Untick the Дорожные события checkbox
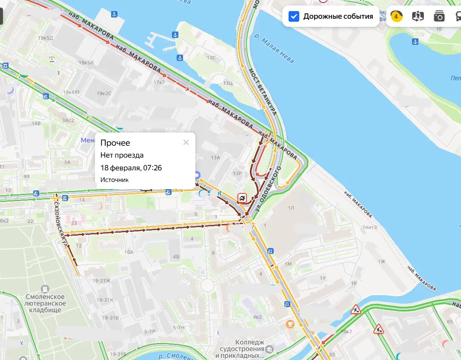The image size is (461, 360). [294, 17]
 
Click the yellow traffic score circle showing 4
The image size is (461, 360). [396, 17]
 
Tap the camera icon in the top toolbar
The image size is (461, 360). [439, 17]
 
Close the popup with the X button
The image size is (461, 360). [186, 142]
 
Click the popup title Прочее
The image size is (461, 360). [115, 143]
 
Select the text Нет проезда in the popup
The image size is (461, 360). [122, 156]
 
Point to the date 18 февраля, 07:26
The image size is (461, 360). [131, 168]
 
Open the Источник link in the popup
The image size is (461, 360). [114, 180]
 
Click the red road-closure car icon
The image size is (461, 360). [242, 198]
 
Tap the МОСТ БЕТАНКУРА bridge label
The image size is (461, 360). [263, 92]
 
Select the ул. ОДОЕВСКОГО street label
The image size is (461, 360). [269, 190]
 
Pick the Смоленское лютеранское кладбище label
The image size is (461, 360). [45, 303]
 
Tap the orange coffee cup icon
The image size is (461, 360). [290, 324]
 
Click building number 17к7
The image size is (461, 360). [159, 82]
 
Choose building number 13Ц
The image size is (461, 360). [228, 83]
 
